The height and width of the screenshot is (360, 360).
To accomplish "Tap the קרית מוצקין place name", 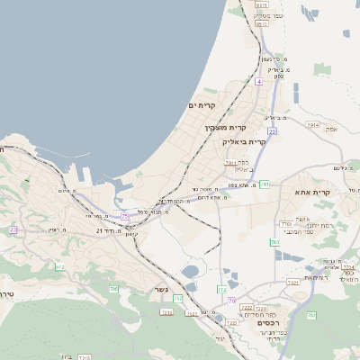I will (x=225, y=128).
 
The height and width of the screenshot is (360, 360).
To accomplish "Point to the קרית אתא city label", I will (x=312, y=192).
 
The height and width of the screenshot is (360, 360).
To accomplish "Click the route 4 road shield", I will (x=258, y=82).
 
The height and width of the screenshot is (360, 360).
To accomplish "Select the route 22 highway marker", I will (x=272, y=131).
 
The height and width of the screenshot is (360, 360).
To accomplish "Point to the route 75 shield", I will (x=125, y=217).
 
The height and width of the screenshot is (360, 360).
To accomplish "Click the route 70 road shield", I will (x=231, y=301).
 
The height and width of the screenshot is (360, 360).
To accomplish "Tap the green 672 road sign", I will (x=60, y=267).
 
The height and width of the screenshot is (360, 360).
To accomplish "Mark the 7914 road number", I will (x=312, y=125).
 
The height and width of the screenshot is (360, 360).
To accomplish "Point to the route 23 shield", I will (x=13, y=230).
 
